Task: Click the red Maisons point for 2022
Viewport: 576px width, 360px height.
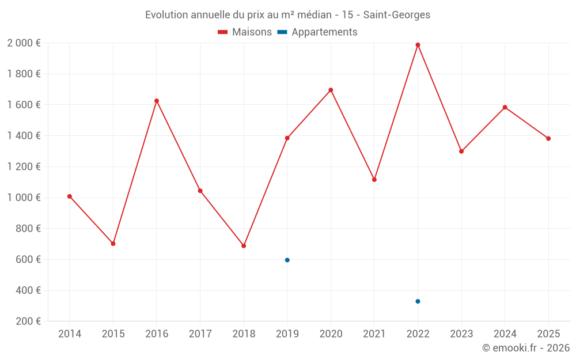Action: (418, 45)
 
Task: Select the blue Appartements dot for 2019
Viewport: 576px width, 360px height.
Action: (287, 260)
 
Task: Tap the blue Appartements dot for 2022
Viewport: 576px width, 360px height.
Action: (418, 301)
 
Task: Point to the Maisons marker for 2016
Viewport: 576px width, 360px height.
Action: (157, 101)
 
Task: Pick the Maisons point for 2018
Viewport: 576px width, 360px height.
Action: (244, 246)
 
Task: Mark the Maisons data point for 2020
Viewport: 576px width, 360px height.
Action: (331, 90)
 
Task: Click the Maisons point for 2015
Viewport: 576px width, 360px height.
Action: (113, 244)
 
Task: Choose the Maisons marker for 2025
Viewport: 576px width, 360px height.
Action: (548, 138)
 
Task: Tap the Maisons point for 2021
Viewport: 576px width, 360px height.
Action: (374, 180)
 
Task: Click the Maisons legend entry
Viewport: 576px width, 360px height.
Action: (245, 32)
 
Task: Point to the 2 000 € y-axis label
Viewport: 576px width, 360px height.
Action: (24, 43)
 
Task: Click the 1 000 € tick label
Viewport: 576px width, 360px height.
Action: (24, 198)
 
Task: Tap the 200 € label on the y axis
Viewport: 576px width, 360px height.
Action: (27, 321)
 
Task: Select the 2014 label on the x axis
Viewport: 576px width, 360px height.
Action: (70, 334)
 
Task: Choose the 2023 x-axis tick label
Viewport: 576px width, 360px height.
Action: (461, 334)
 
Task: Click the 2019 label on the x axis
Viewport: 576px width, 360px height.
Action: (287, 334)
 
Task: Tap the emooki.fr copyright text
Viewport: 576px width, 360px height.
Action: (525, 348)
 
